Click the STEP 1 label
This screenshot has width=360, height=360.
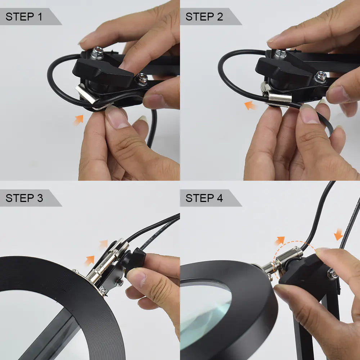coord(24,17)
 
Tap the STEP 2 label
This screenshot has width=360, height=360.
coord(204,17)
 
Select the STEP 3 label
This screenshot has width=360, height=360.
coord(24,198)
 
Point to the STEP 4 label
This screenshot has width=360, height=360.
coord(204,198)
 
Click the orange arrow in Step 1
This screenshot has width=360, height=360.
coord(78,120)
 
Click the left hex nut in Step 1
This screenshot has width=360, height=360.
coord(97,53)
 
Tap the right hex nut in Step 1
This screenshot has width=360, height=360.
coord(141,79)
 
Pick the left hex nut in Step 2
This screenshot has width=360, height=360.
coord(280,54)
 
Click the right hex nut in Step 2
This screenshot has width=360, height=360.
coord(320,77)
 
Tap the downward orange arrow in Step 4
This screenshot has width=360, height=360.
coord(338,235)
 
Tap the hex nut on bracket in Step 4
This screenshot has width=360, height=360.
coord(332,274)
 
